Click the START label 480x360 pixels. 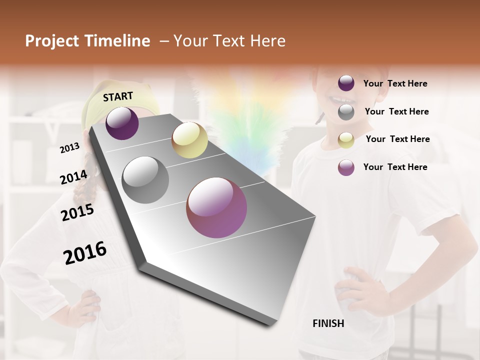pos(118,96)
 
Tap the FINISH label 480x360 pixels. pos(328,323)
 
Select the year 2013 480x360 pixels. pos(69,148)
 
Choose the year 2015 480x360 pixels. pos(77,212)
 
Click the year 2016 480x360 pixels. pos(85,253)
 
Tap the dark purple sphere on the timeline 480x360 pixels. pos(122,123)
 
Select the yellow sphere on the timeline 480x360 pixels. pos(189,140)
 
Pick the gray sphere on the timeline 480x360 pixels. pos(145,180)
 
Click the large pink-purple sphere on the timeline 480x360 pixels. pos(216,207)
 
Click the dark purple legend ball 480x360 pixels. pos(346,83)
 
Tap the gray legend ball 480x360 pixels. pos(346,112)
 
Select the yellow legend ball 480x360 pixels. pos(346,140)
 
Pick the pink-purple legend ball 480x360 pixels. pos(346,167)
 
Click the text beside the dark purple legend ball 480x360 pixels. pos(395,84)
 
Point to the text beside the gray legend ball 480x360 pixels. pos(396,112)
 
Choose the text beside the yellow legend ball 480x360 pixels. pos(397,139)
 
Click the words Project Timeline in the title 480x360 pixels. pos(87,41)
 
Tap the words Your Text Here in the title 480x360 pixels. pos(229,41)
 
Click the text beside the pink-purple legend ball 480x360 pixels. pos(395,167)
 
